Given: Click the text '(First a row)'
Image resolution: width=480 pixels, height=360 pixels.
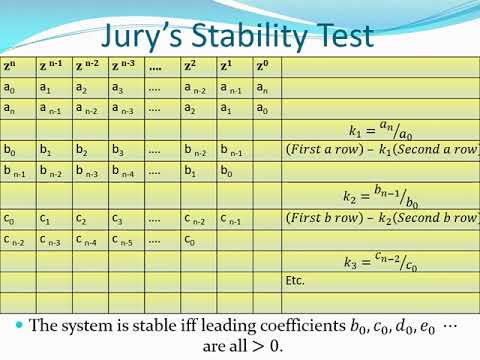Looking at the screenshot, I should (x=326, y=151).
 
